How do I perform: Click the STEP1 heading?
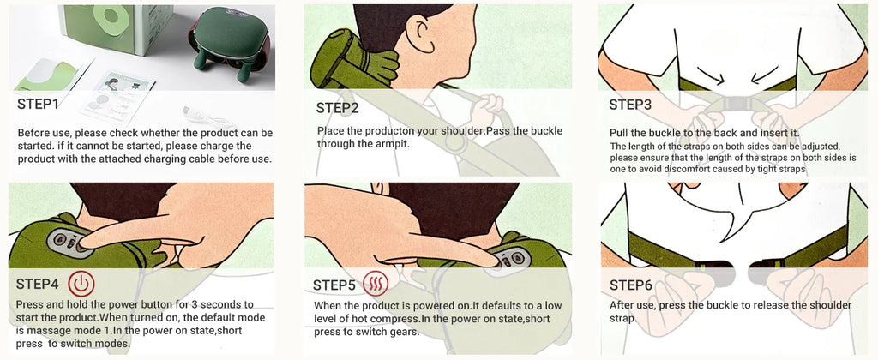38,104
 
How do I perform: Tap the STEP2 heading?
337,108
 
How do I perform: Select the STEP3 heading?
630,105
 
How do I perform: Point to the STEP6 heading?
630,285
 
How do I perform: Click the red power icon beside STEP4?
81,283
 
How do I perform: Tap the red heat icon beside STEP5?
376,285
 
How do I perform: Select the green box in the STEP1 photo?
116,28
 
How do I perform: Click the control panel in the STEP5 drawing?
513,258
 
